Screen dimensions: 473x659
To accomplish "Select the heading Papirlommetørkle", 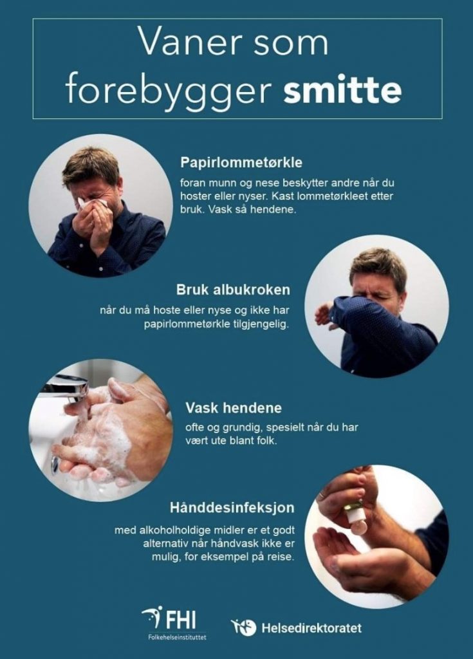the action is [x=241, y=163].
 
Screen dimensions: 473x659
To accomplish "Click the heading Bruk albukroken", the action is [x=233, y=290].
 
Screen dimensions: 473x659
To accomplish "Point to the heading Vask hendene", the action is [x=234, y=407].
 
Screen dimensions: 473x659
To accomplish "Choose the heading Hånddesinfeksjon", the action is [x=232, y=508].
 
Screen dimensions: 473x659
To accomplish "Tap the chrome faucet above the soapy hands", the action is [x=68, y=389].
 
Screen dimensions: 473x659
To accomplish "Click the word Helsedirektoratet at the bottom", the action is [x=311, y=628].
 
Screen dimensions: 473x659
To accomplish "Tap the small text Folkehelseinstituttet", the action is [x=177, y=637].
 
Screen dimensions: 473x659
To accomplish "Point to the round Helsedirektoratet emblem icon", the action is [x=243, y=627].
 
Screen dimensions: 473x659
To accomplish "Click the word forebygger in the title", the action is [x=167, y=90].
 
